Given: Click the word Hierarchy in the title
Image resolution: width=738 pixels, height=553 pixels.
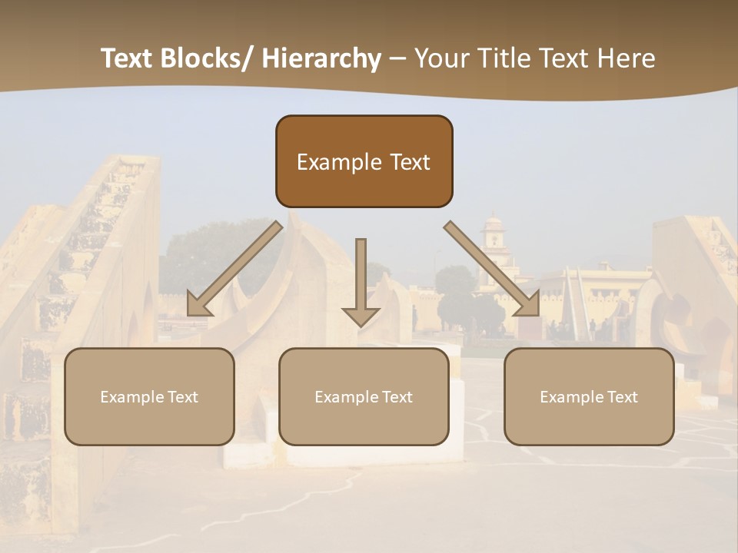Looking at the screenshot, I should pos(321,59).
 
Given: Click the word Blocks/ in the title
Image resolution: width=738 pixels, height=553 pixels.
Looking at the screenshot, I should pos(206,59).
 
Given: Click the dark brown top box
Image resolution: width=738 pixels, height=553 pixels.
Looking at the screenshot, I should pos(364,161).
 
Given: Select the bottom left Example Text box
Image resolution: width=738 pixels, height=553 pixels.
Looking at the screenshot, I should pos(149,396).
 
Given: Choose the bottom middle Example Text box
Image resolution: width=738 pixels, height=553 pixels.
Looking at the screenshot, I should pos(364,396).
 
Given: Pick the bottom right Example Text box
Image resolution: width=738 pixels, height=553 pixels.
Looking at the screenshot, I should pos(589,396).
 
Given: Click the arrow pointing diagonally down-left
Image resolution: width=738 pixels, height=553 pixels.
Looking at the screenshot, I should pos(234,269).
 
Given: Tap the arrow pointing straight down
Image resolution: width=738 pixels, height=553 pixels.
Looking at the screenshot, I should pos(361,280).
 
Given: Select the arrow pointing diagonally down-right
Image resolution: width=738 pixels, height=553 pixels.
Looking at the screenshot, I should pos(492,269).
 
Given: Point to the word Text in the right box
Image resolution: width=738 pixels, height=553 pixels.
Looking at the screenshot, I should pos(622,397).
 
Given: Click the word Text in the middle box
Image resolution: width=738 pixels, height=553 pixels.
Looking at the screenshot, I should pos(397,397).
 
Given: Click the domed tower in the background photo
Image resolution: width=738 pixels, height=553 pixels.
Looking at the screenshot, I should pos(493,238).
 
